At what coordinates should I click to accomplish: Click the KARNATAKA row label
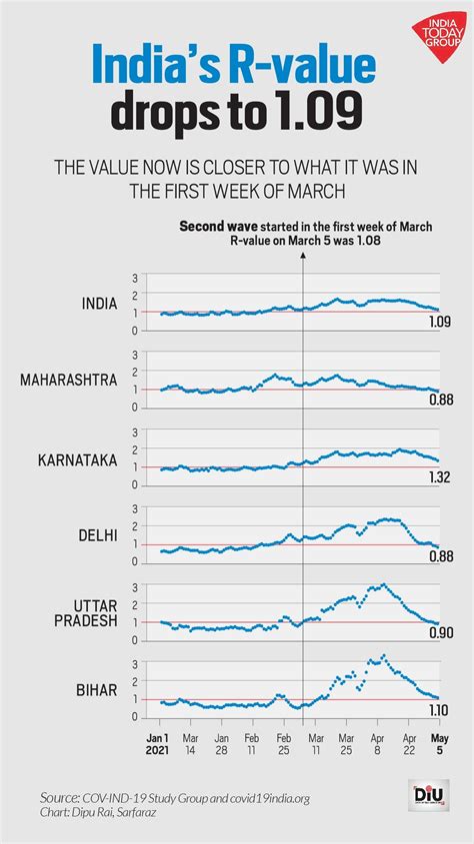(78, 459)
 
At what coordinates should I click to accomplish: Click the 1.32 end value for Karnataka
(441, 478)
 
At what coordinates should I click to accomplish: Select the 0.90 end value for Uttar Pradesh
(441, 632)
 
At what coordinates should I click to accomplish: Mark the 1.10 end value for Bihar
(441, 709)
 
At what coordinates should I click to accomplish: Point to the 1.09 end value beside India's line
(441, 322)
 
